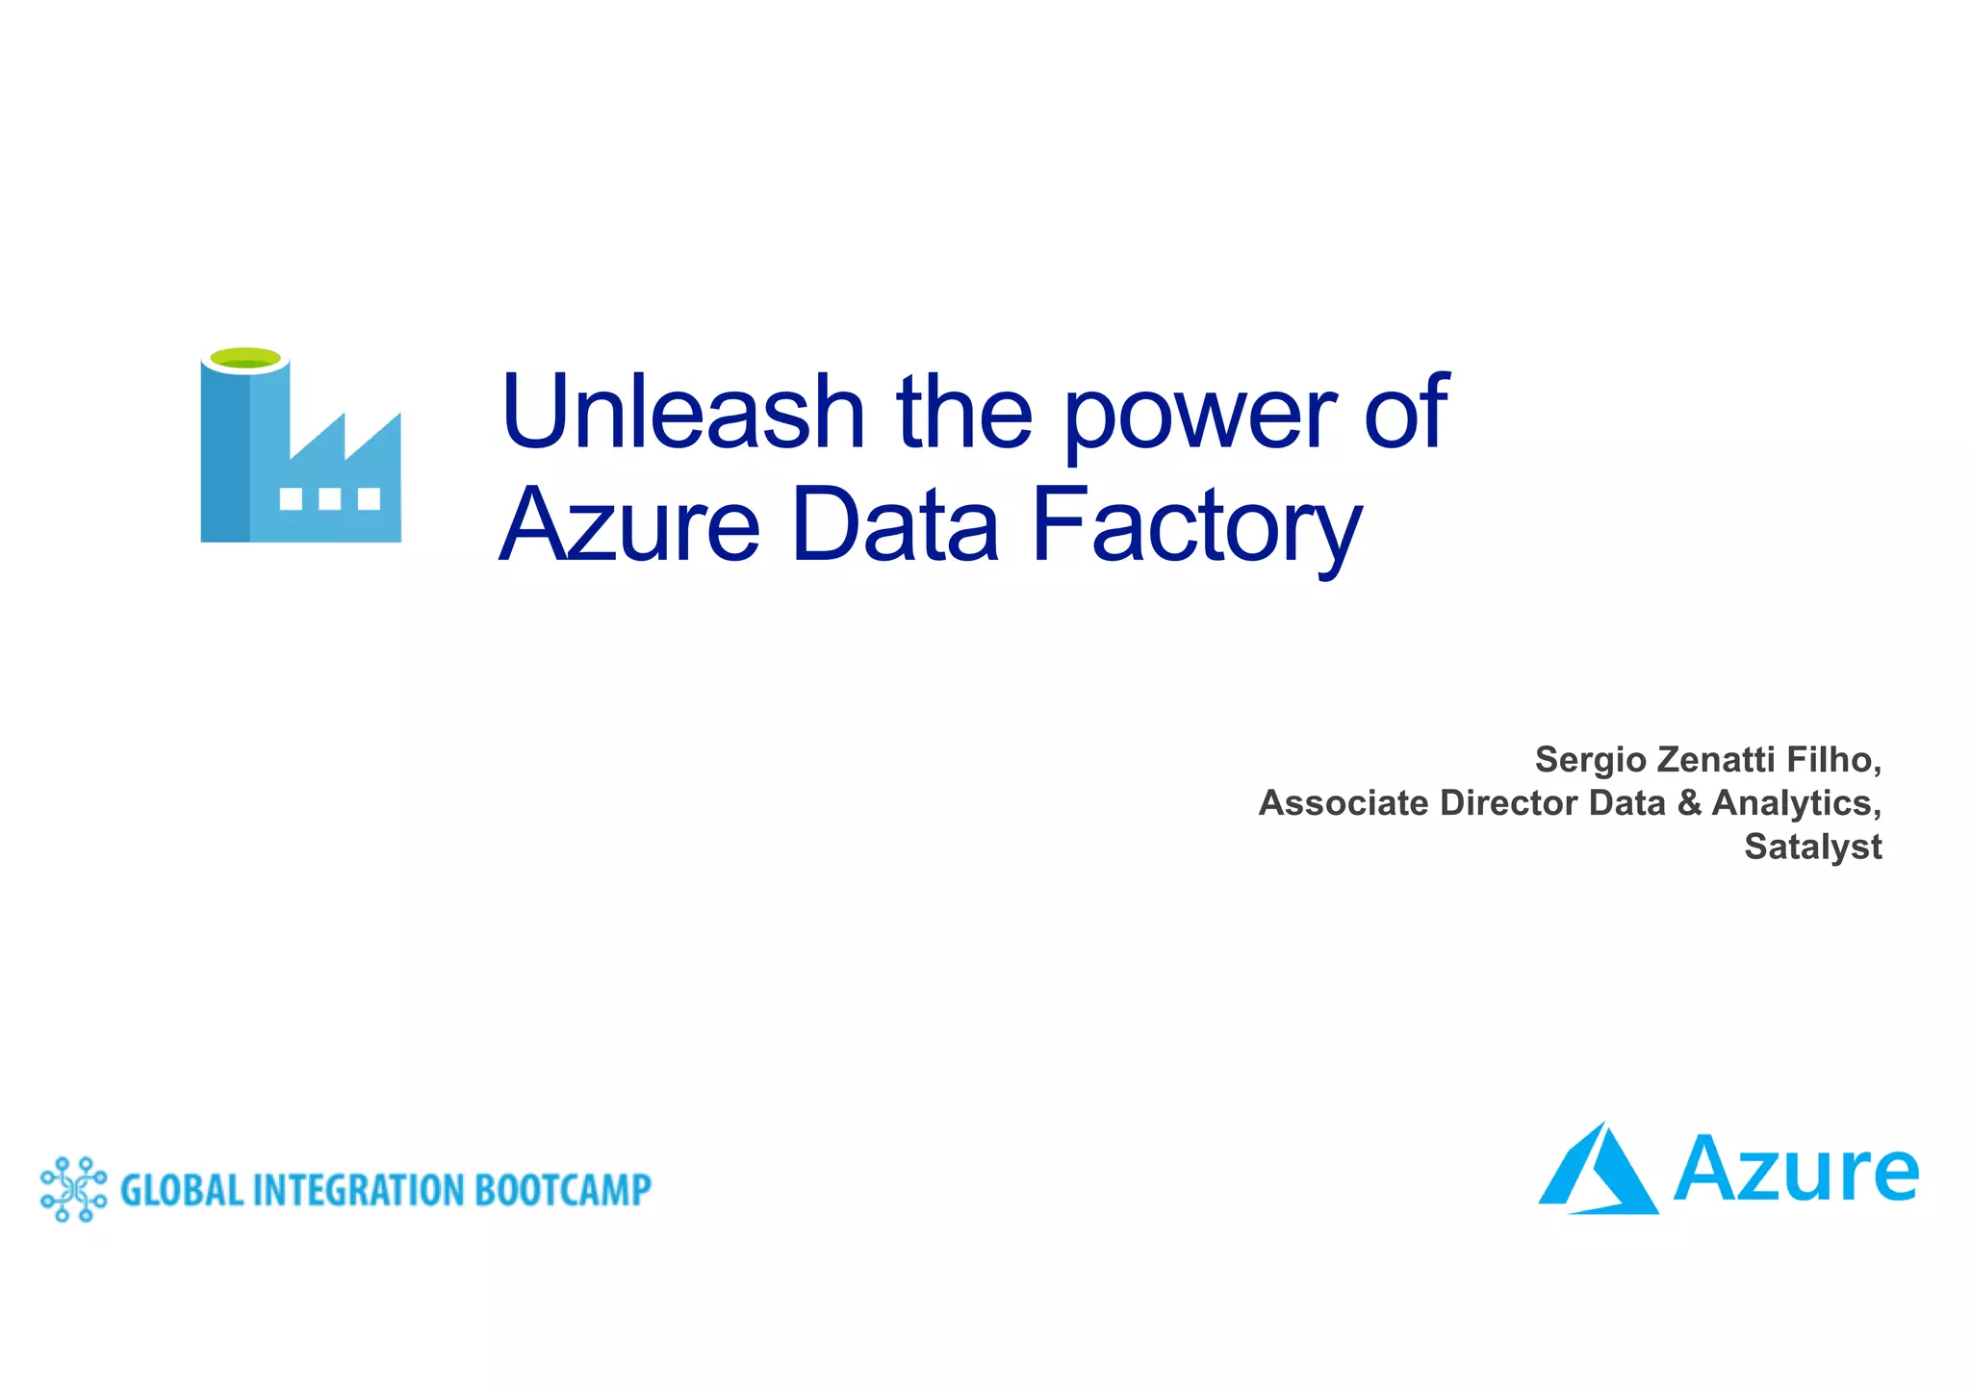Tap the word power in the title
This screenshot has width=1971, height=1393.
point(1199,416)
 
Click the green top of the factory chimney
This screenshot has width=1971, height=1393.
point(245,359)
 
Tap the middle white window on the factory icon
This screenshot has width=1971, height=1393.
point(329,498)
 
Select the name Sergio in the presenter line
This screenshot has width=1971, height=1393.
point(1590,760)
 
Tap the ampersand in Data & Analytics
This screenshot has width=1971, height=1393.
point(1689,803)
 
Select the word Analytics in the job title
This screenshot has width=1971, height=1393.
point(1796,804)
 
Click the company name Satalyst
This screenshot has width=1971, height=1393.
point(1813,848)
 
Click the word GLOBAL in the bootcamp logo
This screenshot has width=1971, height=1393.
point(181,1190)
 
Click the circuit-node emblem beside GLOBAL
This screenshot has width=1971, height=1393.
point(73,1189)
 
